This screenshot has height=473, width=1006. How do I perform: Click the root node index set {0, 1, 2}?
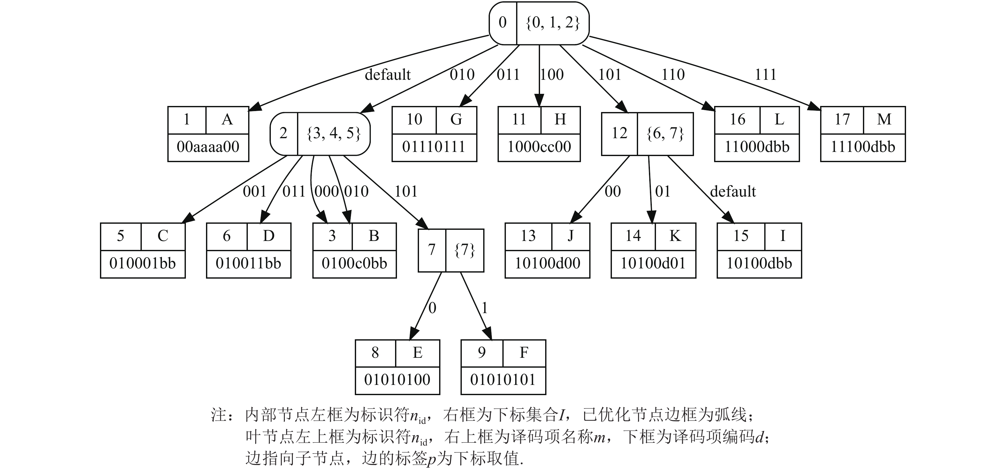pos(552,23)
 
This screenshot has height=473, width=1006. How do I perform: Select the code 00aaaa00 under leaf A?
pos(208,147)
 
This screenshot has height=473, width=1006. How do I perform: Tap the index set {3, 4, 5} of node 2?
pos(333,133)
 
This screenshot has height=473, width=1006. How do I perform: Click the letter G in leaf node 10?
pos(456,119)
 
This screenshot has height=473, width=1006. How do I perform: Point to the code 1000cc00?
pos(539,147)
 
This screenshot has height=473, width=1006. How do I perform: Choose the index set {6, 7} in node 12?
pos(665,133)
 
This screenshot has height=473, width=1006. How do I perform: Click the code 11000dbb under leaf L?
pos(757,147)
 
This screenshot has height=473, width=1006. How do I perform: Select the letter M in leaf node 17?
pos(884,119)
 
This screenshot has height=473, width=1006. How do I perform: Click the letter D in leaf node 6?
pos(269,236)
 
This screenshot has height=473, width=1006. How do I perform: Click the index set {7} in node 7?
pos(465,250)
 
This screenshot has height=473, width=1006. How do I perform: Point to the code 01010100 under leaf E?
pos(397,380)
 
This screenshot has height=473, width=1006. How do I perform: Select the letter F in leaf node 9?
pos(524,353)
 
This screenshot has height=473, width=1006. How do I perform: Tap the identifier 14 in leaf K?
pos(633,236)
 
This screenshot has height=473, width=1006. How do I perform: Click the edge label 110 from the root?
pos(673,75)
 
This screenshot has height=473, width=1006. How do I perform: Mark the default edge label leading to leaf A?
pos(387,75)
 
